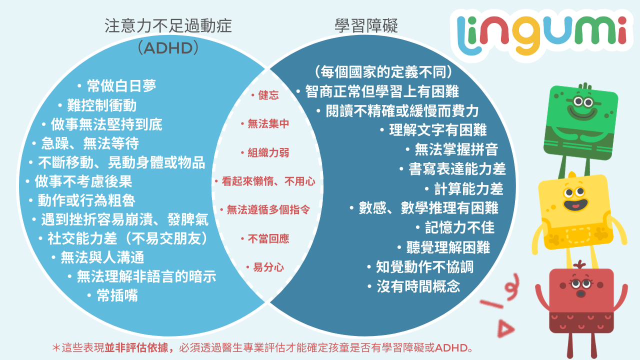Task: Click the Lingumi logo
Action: tap(541, 34)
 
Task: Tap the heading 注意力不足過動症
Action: tap(168, 25)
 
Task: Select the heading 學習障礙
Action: tap(366, 25)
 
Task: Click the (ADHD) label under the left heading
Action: tap(168, 48)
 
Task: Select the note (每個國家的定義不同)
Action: tap(383, 72)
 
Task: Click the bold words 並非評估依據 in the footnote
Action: tap(139, 347)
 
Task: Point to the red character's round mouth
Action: tap(580, 293)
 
